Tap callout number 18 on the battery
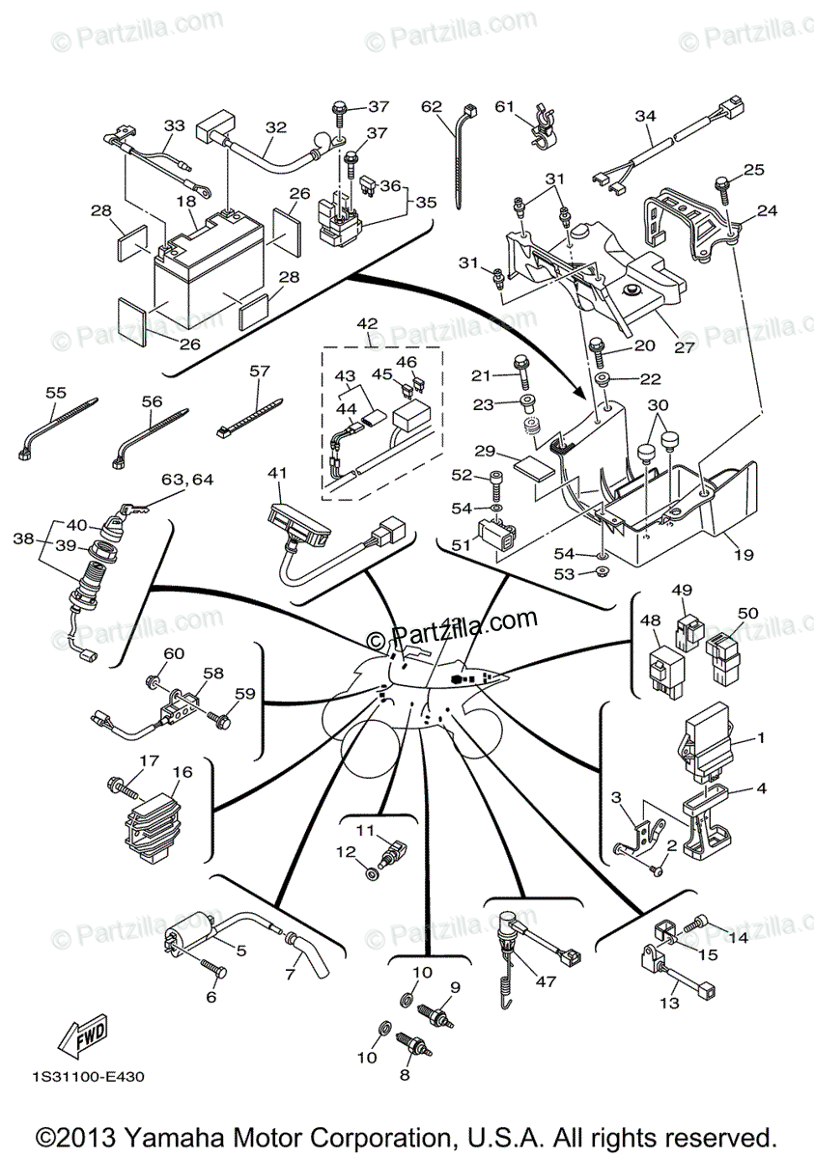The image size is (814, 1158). point(186,202)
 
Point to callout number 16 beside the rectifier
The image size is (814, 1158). point(182,772)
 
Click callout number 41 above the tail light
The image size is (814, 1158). point(278,473)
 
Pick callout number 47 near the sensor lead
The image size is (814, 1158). point(546,981)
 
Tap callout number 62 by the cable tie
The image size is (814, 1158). point(431,106)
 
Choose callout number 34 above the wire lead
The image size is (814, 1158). point(645,116)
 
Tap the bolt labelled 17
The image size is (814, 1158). point(120,786)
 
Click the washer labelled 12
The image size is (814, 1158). point(371,874)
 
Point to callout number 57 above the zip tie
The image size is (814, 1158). point(260,370)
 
